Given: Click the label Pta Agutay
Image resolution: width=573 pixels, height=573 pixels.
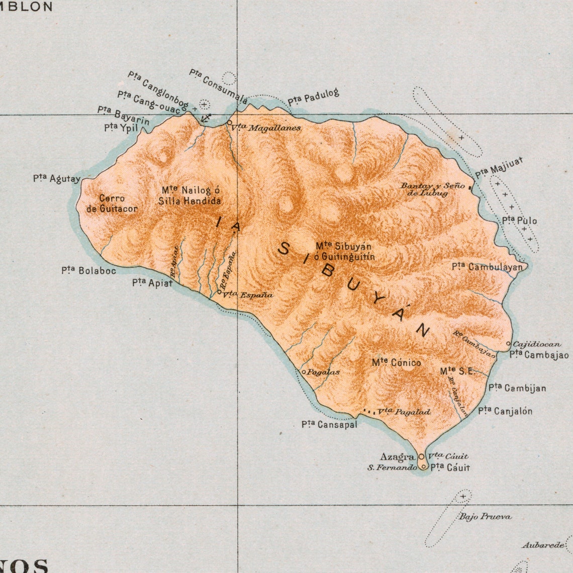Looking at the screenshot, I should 56,178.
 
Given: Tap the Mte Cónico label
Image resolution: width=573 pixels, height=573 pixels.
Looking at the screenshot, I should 397,362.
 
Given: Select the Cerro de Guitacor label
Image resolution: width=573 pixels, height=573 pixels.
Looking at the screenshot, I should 112,203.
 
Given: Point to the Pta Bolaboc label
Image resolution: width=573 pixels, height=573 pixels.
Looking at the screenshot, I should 89,271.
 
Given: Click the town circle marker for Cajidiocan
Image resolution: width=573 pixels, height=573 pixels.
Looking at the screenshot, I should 509,344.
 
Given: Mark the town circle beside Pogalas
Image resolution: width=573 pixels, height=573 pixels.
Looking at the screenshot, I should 304,372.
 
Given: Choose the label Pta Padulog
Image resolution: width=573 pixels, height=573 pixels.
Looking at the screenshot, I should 313,97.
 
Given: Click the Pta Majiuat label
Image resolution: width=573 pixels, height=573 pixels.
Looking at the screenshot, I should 499,167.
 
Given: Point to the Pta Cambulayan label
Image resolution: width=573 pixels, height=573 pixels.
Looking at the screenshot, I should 487,267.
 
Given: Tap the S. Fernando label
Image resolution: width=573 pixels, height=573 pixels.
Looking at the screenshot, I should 392,468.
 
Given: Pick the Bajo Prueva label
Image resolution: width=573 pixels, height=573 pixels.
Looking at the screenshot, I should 485,516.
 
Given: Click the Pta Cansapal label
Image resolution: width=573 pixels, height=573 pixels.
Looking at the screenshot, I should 329,425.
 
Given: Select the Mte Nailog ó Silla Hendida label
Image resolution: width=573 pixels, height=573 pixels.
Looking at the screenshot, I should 189,195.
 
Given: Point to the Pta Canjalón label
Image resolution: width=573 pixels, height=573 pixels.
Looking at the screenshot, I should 505,411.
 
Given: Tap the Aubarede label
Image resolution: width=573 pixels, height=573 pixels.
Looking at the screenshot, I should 543,545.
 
